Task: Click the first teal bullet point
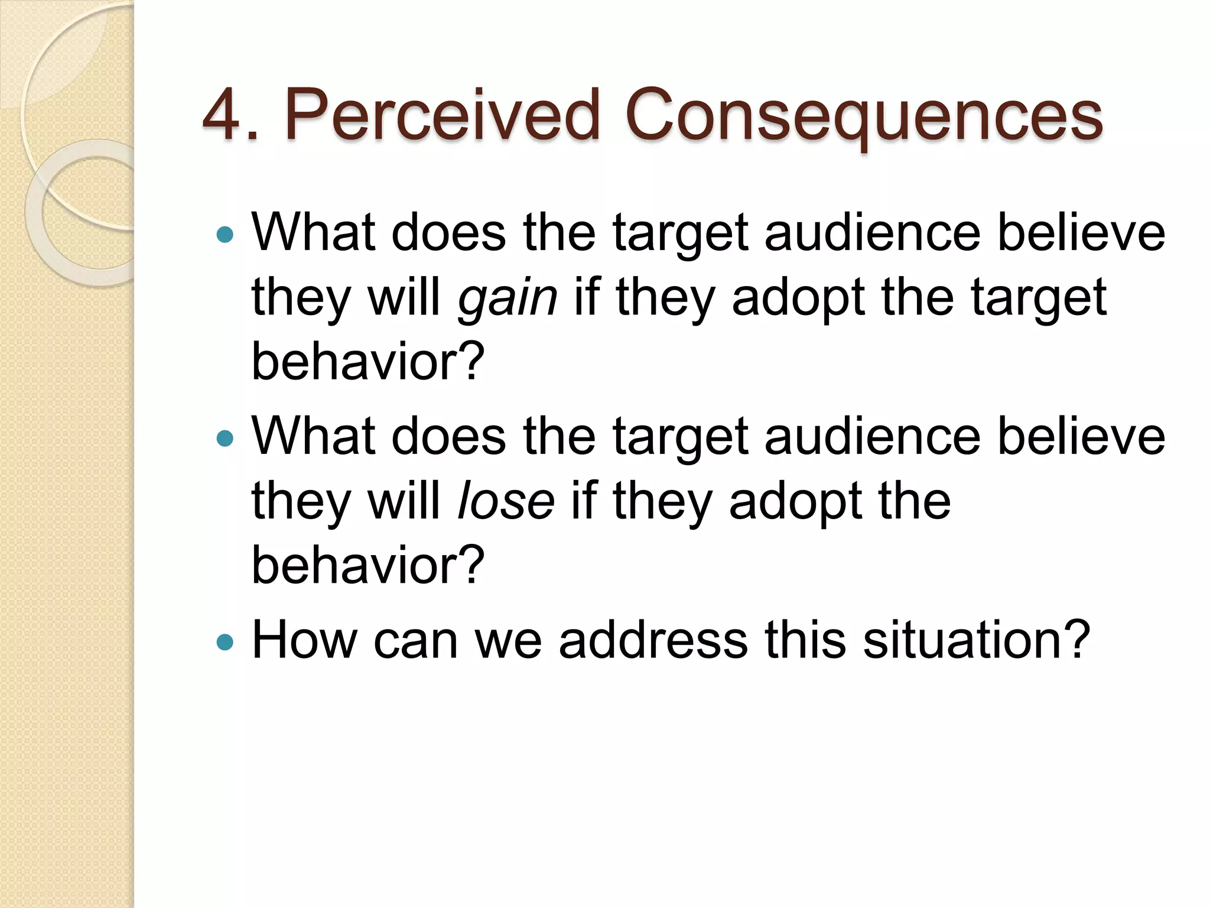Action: point(225,235)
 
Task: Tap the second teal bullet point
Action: point(225,438)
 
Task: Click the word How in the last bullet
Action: point(304,640)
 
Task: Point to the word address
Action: point(653,640)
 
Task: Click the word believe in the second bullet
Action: point(1081,436)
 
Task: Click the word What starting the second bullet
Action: point(314,436)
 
